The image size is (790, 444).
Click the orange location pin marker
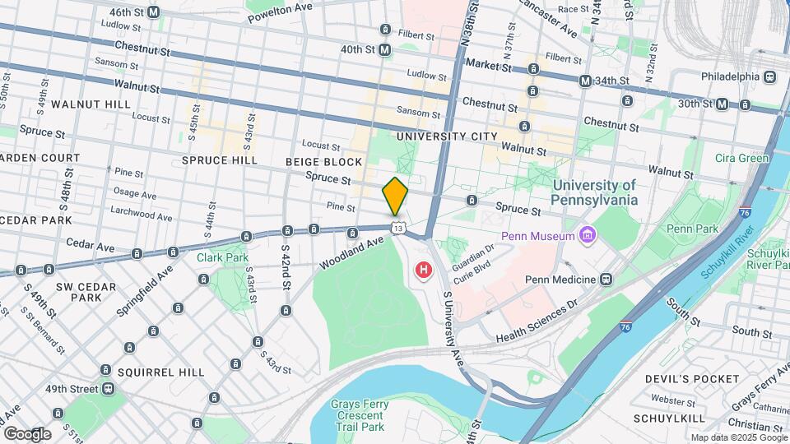click(x=395, y=196)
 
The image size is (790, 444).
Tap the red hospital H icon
click(x=424, y=270)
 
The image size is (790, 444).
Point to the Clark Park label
click(x=223, y=257)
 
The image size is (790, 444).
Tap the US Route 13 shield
click(x=398, y=227)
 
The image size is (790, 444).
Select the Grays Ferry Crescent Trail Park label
click(x=357, y=415)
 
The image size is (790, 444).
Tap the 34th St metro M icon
click(x=585, y=81)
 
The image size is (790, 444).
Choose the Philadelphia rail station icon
click(x=769, y=76)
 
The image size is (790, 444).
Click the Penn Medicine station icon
click(x=606, y=280)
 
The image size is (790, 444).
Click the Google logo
click(x=27, y=433)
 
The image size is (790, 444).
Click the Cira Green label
click(x=741, y=159)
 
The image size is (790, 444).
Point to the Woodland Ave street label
click(x=352, y=254)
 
